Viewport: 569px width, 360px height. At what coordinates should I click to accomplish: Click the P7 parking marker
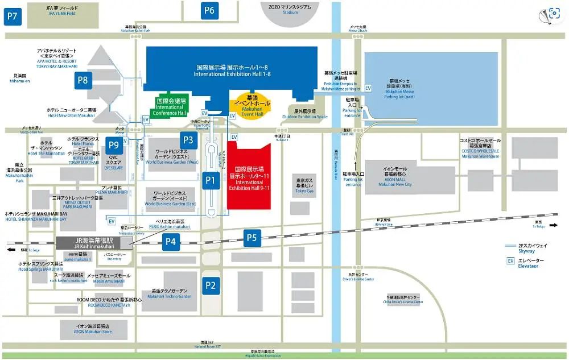(12, 16)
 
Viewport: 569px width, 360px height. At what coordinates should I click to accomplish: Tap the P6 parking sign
(210, 10)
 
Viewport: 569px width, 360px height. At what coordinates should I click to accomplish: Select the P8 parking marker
(83, 80)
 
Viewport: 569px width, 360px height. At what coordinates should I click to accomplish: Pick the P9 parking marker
(114, 145)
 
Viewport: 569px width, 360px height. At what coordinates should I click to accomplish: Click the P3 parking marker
(188, 140)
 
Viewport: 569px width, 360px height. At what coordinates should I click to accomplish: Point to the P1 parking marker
(211, 181)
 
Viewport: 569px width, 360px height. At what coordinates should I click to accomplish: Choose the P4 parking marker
(170, 242)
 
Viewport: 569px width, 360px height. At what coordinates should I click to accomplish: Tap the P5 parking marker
(251, 238)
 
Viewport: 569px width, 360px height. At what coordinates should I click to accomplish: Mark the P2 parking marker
(211, 285)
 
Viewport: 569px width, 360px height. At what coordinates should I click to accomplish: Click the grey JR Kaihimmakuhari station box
(94, 242)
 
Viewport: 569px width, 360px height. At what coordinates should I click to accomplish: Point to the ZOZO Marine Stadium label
(290, 9)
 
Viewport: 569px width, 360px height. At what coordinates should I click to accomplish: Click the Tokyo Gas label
(304, 188)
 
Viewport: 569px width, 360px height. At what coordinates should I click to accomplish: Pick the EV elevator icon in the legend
(510, 262)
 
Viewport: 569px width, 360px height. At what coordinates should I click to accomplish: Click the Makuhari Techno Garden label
(169, 293)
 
